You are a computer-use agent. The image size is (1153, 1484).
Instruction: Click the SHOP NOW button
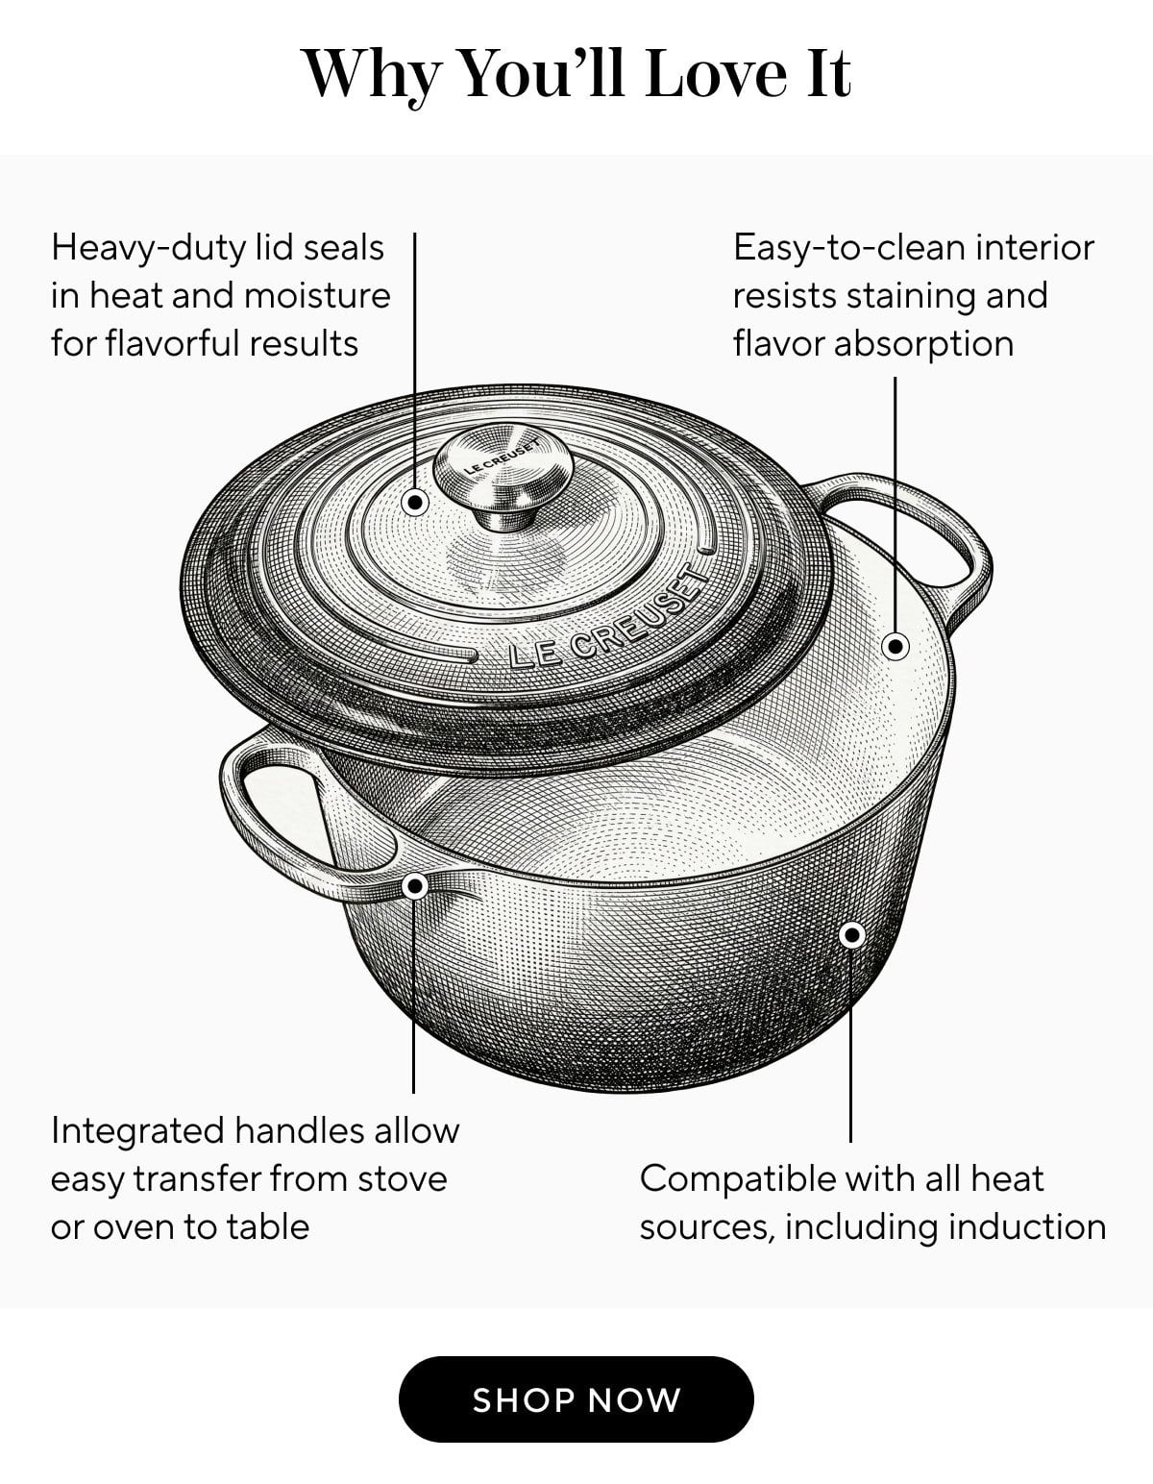point(576,1399)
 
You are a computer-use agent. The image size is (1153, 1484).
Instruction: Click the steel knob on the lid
point(503,477)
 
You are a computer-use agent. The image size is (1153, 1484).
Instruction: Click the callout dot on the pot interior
point(895,646)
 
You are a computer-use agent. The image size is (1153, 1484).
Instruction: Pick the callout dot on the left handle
point(414,887)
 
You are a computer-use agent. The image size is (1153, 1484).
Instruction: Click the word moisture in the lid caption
point(317,296)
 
